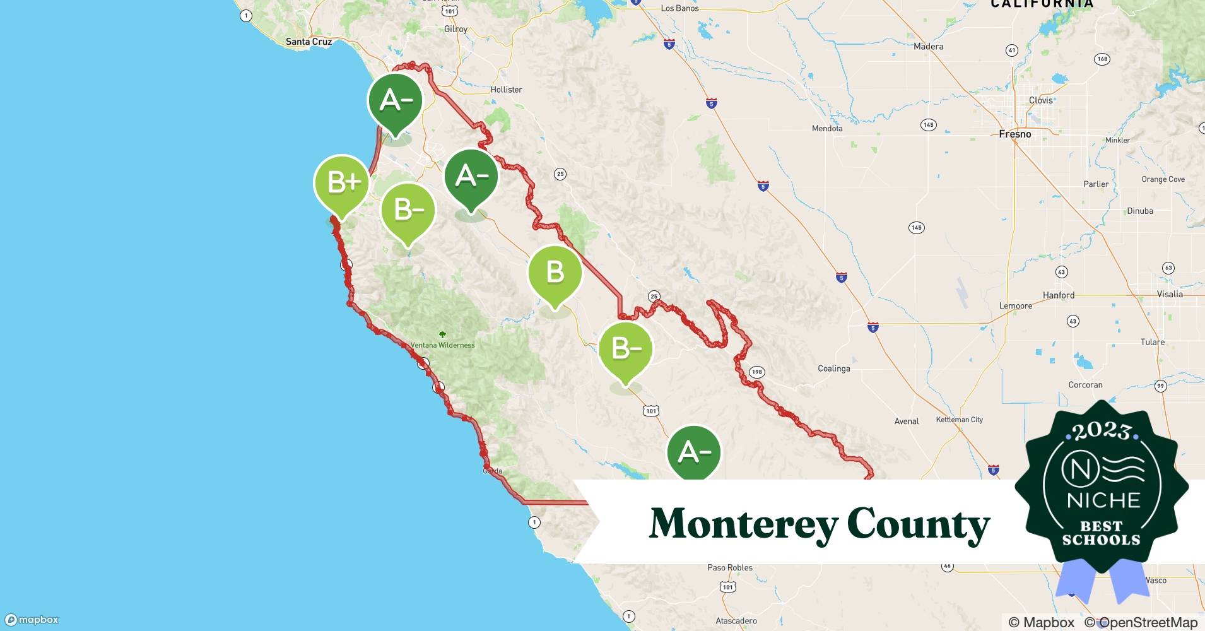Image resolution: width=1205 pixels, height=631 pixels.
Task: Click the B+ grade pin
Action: pyautogui.click(x=341, y=183)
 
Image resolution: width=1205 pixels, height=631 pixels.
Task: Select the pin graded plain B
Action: pyautogui.click(x=555, y=273)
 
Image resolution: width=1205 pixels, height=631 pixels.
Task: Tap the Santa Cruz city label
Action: pyautogui.click(x=309, y=42)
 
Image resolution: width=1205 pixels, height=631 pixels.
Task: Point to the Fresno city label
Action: pyautogui.click(x=1014, y=134)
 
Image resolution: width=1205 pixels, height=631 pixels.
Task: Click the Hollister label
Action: pyautogui.click(x=506, y=90)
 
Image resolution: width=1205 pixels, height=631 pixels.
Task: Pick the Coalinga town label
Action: pyautogui.click(x=833, y=369)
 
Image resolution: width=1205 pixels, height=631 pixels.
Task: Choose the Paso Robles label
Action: pyautogui.click(x=729, y=567)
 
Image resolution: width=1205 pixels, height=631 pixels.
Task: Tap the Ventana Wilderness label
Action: pyautogui.click(x=442, y=345)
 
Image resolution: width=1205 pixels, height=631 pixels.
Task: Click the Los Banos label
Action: pyautogui.click(x=679, y=8)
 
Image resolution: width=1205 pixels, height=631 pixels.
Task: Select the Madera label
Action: pyautogui.click(x=928, y=47)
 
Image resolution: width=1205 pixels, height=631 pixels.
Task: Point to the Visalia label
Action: pyautogui.click(x=1170, y=294)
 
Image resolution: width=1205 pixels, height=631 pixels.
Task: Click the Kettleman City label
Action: pyautogui.click(x=959, y=420)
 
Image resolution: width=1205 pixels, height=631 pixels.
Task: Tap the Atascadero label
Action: pyautogui.click(x=736, y=621)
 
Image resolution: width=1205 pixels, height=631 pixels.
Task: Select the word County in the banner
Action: pyautogui.click(x=918, y=524)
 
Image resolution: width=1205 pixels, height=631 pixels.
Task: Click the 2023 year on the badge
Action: pyautogui.click(x=1101, y=431)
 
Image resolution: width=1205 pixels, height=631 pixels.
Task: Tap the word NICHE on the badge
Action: pyautogui.click(x=1103, y=500)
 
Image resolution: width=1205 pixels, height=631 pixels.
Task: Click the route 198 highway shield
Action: pyautogui.click(x=756, y=372)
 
